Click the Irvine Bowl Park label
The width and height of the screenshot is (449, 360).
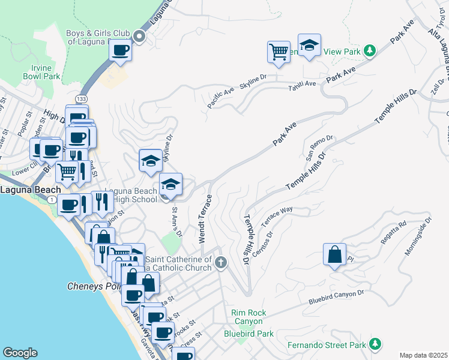tap(41, 72)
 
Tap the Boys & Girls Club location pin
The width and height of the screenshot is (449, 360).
tap(140, 37)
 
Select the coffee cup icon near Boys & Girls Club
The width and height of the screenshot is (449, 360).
tap(121, 50)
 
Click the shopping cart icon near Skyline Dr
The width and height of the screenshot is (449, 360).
tap(279, 52)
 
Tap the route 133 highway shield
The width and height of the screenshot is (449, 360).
tap(80, 98)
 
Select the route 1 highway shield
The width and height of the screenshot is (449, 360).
tap(53, 199)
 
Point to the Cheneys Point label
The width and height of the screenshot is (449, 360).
tap(94, 286)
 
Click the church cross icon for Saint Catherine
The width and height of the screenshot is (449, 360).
tap(221, 262)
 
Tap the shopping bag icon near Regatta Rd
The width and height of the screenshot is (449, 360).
tap(334, 254)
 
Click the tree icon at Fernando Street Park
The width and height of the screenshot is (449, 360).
tap(375, 343)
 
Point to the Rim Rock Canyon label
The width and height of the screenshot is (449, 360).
tap(249, 317)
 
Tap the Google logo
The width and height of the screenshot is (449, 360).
tap(20, 353)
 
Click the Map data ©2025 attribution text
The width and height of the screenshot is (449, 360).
tap(423, 355)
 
